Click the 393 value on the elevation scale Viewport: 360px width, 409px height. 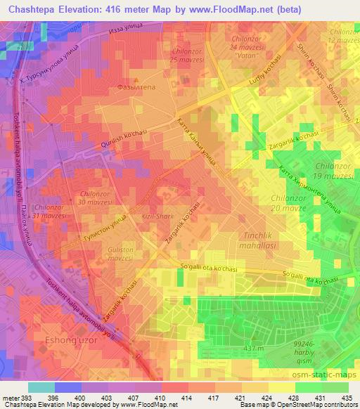click(x=26, y=399)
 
